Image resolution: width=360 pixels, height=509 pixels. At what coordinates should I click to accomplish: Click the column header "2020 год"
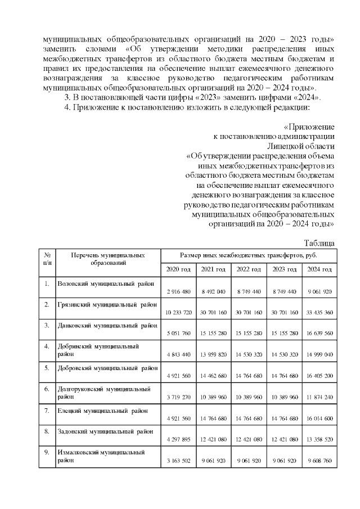(x=178, y=269)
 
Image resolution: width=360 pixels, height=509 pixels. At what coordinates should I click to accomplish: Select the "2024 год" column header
(x=319, y=269)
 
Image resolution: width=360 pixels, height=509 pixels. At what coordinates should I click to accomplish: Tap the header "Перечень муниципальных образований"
(x=107, y=259)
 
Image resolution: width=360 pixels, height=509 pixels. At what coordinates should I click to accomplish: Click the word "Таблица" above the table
(x=319, y=242)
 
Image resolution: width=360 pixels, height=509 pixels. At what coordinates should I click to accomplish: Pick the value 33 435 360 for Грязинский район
(x=319, y=312)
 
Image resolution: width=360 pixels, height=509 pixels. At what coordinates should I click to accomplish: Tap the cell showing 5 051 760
(x=178, y=333)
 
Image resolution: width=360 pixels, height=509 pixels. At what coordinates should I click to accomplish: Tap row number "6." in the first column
(x=47, y=389)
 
